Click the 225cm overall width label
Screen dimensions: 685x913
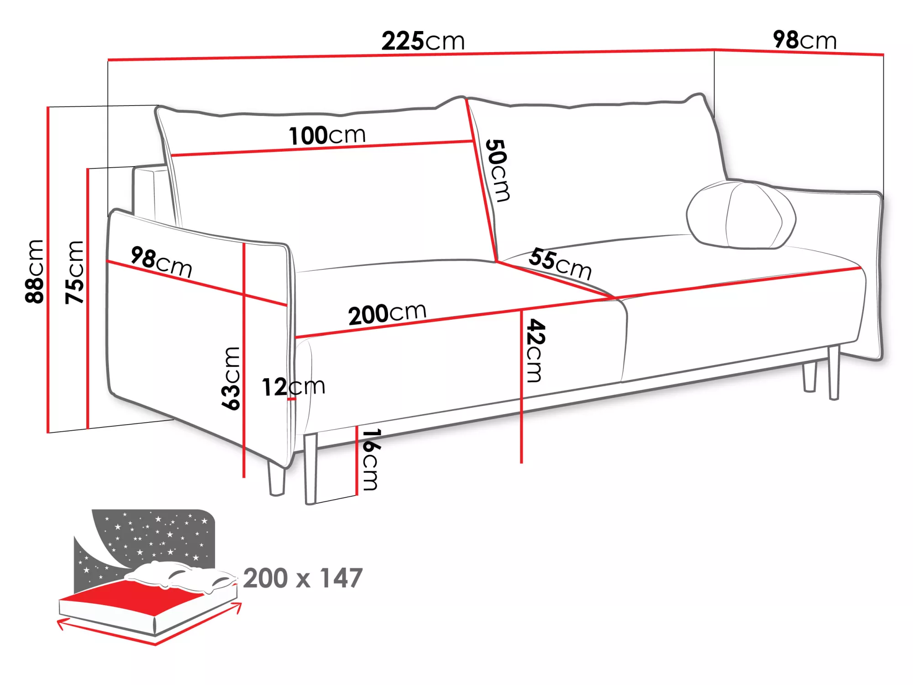(x=423, y=41)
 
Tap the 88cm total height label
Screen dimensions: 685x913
(x=35, y=271)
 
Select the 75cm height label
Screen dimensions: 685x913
(x=74, y=272)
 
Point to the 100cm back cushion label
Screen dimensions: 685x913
(x=327, y=135)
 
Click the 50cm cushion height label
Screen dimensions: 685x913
(x=498, y=170)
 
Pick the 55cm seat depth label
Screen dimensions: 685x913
(x=560, y=263)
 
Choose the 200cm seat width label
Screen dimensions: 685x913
(x=387, y=314)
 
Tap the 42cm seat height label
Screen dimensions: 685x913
(x=535, y=350)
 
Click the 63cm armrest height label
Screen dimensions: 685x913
(x=231, y=379)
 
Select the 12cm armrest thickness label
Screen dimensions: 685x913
(x=293, y=387)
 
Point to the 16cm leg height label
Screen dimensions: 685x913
(x=370, y=459)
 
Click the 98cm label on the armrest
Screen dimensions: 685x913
(x=161, y=262)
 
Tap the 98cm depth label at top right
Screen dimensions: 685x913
(x=804, y=40)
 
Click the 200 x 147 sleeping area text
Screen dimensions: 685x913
(x=303, y=578)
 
